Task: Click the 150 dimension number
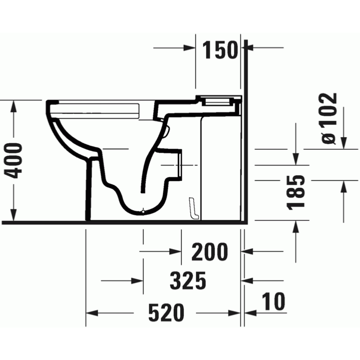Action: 220,50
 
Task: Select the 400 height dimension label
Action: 14,160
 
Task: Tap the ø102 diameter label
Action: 329,118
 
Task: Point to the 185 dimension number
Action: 296,192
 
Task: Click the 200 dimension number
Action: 210,252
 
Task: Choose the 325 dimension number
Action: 188,281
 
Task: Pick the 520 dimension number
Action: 166,312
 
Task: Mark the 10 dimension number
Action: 274,301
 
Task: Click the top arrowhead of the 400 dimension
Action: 14,106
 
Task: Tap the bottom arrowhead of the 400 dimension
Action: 14,214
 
